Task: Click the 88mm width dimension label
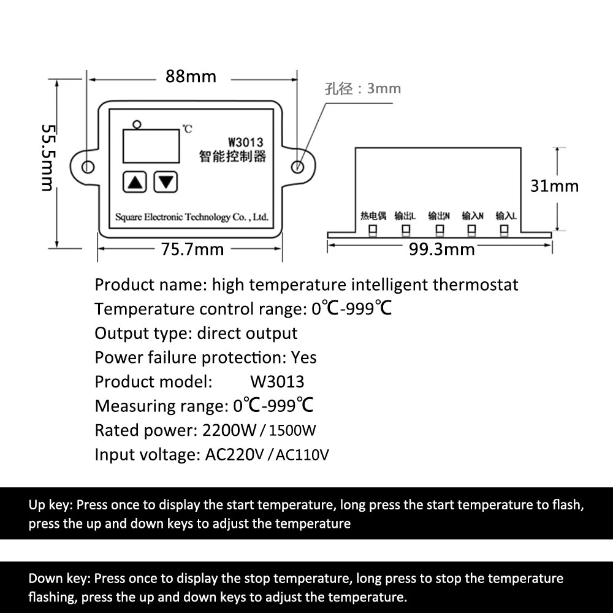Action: [x=191, y=76]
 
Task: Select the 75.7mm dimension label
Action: [x=192, y=249]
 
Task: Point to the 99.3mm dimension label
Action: [x=442, y=249]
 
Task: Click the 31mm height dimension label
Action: [x=554, y=186]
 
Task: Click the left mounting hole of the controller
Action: [x=88, y=167]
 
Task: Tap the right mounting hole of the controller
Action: [x=297, y=167]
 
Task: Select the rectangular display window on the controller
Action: [x=151, y=146]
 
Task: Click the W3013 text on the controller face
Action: [x=246, y=142]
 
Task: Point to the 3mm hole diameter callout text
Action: [x=363, y=89]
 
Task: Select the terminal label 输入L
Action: [x=506, y=216]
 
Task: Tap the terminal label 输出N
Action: [x=439, y=216]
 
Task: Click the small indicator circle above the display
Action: [x=137, y=124]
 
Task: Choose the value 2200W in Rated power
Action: [x=229, y=430]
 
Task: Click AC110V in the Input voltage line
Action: [x=302, y=455]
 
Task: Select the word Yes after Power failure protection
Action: [x=304, y=358]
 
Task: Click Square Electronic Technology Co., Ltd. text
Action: [x=191, y=217]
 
